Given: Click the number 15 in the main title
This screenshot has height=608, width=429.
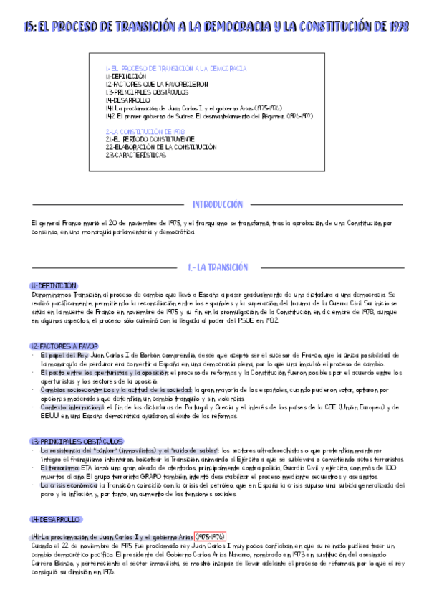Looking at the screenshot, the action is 28,27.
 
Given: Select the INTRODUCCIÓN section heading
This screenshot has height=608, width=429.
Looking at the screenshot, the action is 218,204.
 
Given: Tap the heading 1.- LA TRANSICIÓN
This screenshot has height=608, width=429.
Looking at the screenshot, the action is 218,267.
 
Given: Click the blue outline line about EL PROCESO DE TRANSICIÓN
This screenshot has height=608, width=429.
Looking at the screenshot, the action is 175,68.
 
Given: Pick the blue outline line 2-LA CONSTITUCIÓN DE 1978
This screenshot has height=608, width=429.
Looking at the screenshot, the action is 145,132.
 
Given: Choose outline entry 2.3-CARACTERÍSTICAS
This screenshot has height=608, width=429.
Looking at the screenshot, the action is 135,154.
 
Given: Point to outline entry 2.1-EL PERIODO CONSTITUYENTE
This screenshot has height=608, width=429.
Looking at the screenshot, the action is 150,139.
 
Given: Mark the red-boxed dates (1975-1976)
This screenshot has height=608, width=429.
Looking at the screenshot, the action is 211,536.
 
